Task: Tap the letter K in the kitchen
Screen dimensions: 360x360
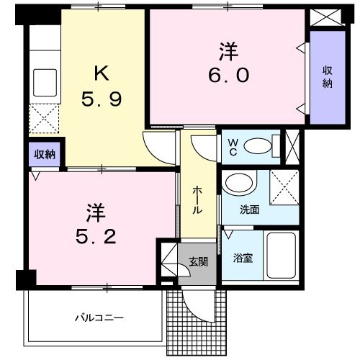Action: (x=100, y=73)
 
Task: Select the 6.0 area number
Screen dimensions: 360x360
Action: (x=230, y=75)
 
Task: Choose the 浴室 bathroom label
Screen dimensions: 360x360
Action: (x=242, y=258)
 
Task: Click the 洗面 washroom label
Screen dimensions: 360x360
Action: (x=250, y=210)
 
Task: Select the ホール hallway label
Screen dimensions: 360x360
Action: (x=197, y=199)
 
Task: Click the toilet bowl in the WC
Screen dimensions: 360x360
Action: (x=258, y=147)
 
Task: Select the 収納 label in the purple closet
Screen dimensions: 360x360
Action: (x=327, y=77)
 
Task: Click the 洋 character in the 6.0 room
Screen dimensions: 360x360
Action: (x=229, y=51)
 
